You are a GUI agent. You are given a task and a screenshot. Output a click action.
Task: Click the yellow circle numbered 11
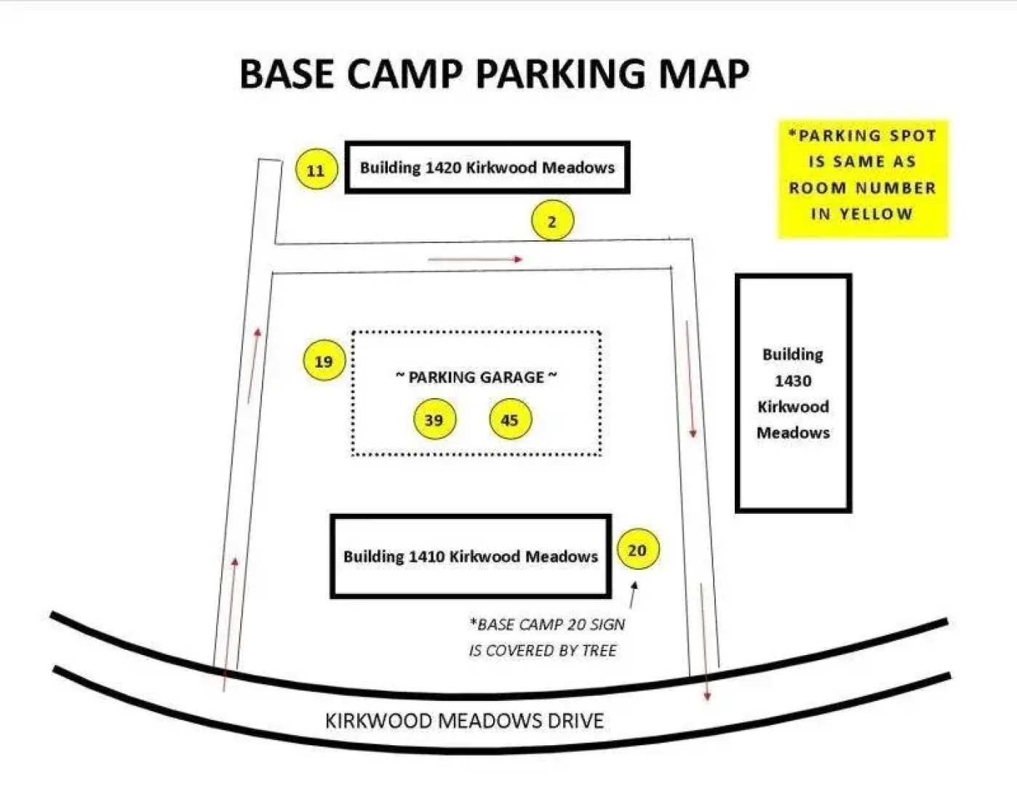[316, 169]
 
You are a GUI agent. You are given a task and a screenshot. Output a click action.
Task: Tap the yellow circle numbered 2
[552, 221]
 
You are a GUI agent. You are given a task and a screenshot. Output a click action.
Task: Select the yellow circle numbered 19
[324, 360]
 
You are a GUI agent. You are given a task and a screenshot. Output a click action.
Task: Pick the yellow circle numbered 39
[435, 418]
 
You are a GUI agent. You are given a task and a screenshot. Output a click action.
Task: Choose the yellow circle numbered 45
[510, 418]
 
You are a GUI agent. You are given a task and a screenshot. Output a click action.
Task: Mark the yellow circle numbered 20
[638, 549]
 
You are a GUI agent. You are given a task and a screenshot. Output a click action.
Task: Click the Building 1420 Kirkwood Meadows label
[487, 167]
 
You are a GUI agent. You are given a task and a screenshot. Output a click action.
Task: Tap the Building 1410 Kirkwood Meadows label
[471, 556]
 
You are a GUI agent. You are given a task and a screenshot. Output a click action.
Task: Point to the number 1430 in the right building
[793, 381]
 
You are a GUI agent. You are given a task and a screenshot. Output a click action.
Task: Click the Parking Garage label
[476, 377]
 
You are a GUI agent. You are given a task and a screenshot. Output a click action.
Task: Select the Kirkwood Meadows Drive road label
[464, 721]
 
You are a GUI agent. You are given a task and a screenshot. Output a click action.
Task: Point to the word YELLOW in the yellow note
[877, 215]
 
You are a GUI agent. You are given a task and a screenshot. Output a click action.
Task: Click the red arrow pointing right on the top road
[476, 259]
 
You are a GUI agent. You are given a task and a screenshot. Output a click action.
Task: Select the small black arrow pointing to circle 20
[633, 594]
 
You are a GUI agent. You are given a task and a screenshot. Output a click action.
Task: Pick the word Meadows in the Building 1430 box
[793, 432]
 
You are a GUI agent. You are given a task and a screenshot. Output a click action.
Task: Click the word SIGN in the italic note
[607, 624]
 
